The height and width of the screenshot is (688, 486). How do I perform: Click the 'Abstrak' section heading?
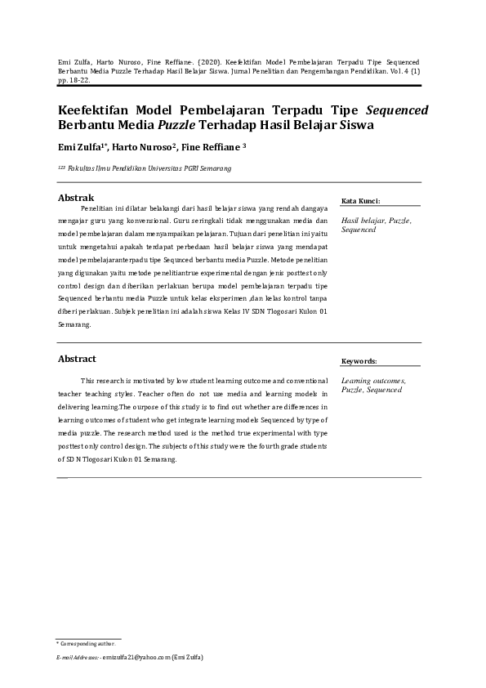(x=75, y=198)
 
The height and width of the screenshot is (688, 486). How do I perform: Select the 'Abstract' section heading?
(x=76, y=359)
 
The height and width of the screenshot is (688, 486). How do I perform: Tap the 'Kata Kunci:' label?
(x=360, y=200)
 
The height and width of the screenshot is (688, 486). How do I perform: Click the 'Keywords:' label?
(x=359, y=360)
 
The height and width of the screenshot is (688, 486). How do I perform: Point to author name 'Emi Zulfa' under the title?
(x=80, y=148)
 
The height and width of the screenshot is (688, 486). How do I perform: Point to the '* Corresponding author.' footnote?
(x=87, y=644)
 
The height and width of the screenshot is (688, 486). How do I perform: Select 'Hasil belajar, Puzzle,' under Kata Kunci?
(x=376, y=221)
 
